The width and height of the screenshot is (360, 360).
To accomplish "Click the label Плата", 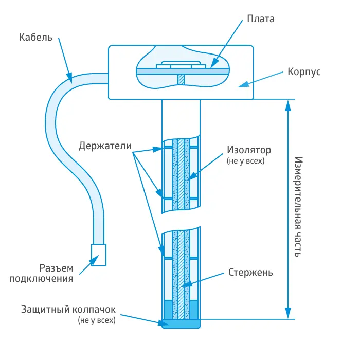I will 261,19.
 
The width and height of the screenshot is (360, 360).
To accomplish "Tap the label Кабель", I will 35,38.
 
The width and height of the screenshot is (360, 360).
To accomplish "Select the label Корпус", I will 304,71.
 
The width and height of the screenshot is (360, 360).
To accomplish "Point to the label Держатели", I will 104,145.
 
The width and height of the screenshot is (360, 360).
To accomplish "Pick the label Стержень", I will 250,272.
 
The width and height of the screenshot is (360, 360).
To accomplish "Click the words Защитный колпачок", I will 68,310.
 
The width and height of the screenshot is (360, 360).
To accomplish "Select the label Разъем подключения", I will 57,274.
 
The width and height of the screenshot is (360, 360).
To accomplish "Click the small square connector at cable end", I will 99,254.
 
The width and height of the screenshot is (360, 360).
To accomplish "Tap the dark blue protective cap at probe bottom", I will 180,324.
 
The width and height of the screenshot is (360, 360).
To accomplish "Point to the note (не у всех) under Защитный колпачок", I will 97,320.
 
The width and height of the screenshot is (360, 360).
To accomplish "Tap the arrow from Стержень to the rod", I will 206,278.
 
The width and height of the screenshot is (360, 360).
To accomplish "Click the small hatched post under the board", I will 181,78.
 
